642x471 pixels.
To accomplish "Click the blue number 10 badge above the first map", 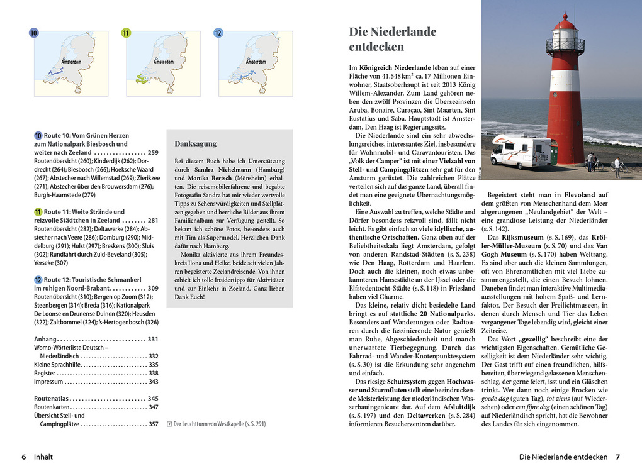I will pyautogui.click(x=34, y=33).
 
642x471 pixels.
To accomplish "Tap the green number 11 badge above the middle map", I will pyautogui.click(x=126, y=33).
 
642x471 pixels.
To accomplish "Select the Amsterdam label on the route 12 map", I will pyautogui.click(x=255, y=62).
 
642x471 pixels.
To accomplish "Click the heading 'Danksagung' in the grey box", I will pyautogui.click(x=196, y=143).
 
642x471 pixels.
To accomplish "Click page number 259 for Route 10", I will pyautogui.click(x=153, y=153).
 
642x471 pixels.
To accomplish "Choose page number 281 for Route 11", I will pyautogui.click(x=153, y=221).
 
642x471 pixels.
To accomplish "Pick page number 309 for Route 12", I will pyautogui.click(x=153, y=288).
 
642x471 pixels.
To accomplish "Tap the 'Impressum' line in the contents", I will pyautogui.click(x=48, y=382).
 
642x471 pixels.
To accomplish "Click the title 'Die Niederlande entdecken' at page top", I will pyautogui.click(x=392, y=39).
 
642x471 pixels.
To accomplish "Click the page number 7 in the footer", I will pyautogui.click(x=618, y=457).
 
